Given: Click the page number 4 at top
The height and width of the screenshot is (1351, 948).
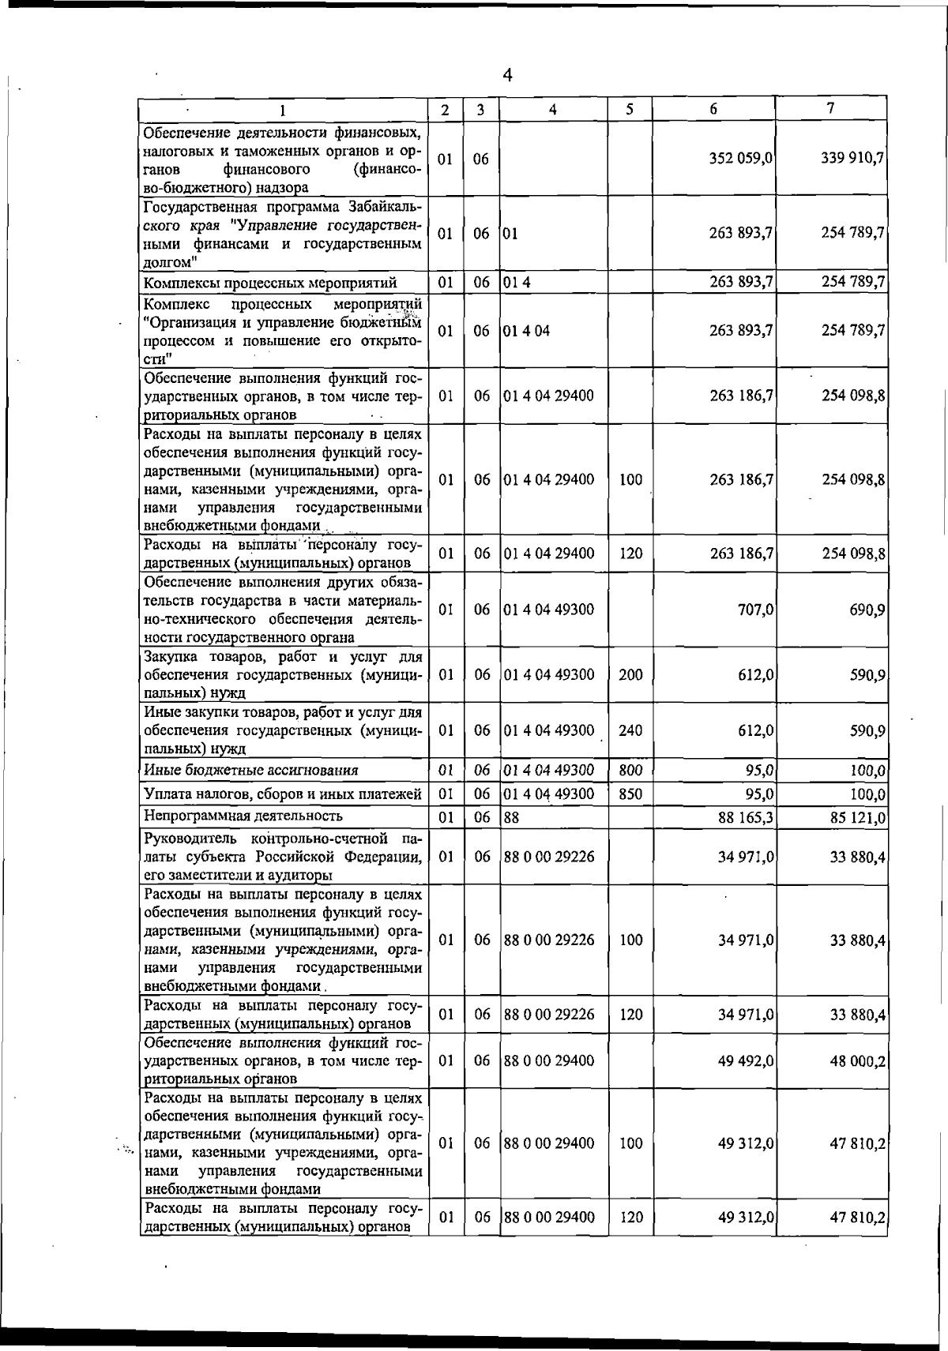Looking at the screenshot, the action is (x=507, y=76).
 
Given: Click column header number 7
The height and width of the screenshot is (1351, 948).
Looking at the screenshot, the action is (x=831, y=108).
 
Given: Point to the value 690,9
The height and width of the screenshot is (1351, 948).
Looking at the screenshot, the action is (x=867, y=610).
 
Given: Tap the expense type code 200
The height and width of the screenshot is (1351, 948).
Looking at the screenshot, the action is (x=630, y=674).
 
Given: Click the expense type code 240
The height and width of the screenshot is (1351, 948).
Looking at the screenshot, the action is (x=630, y=730).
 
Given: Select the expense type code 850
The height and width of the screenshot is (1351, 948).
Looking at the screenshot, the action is (x=630, y=794).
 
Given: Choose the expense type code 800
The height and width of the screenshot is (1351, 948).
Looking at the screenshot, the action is (x=630, y=770).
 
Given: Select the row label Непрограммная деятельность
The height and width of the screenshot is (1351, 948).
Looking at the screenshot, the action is (x=243, y=816).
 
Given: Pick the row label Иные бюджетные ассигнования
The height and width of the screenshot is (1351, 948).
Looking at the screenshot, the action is (x=251, y=770).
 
